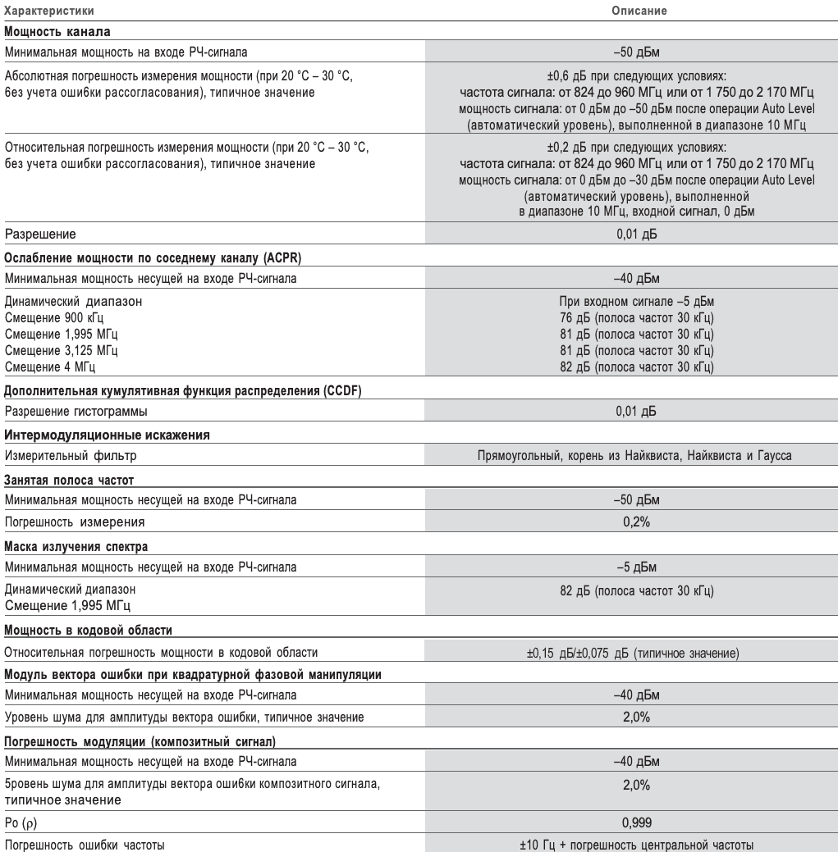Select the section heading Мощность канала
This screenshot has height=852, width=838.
tap(57, 32)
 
